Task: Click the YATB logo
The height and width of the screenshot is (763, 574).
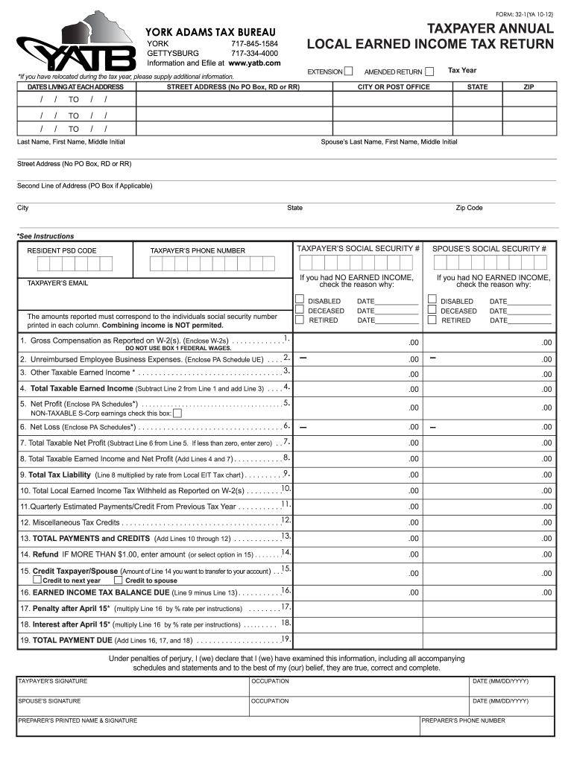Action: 71,44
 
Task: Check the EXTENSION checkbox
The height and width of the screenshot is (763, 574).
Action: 348,72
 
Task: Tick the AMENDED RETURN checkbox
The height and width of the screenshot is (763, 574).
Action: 429,72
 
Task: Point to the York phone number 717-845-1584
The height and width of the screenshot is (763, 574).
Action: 254,44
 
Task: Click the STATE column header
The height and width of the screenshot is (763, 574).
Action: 477,87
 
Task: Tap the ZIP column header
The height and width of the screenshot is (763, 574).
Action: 529,87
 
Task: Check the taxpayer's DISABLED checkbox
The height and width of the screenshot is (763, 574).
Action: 300,300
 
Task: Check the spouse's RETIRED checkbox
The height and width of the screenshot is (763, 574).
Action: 432,320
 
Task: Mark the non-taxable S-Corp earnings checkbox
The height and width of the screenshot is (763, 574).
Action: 177,413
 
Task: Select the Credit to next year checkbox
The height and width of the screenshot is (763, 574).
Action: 37,580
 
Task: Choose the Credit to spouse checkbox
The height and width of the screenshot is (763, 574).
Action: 119,580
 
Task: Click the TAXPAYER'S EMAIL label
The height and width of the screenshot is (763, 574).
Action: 57,283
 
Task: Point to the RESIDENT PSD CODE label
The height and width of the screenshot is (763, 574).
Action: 62,251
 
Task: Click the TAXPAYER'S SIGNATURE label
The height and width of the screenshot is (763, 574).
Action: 53,681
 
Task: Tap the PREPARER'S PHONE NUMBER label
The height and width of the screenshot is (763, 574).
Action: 463,721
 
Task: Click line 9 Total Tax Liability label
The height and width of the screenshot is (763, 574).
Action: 60,475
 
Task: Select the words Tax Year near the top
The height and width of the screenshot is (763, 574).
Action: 462,71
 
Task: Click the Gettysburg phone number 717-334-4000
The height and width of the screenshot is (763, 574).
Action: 254,54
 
